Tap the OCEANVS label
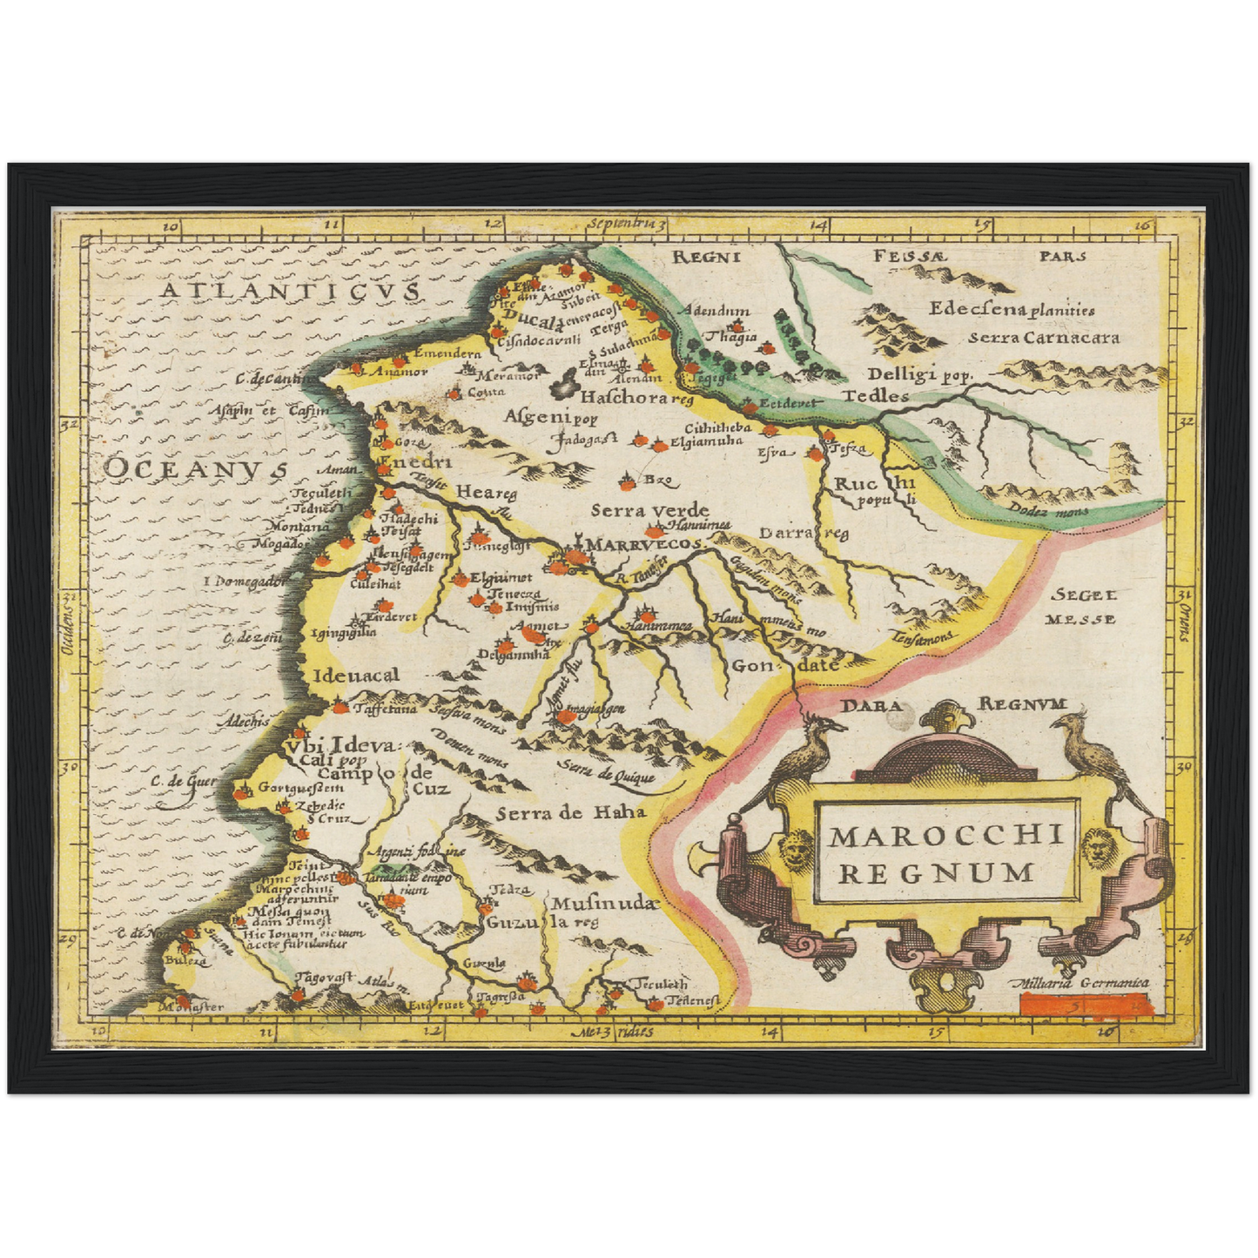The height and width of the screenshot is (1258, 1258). pyautogui.click(x=195, y=468)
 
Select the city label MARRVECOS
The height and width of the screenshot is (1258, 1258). pyautogui.click(x=645, y=544)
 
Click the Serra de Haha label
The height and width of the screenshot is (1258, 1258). pyautogui.click(x=571, y=813)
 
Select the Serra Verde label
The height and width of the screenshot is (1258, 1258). pyautogui.click(x=649, y=511)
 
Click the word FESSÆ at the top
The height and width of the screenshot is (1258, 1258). pyautogui.click(x=909, y=256)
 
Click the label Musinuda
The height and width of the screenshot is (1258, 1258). pyautogui.click(x=602, y=904)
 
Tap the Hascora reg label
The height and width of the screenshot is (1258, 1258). pyautogui.click(x=636, y=399)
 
